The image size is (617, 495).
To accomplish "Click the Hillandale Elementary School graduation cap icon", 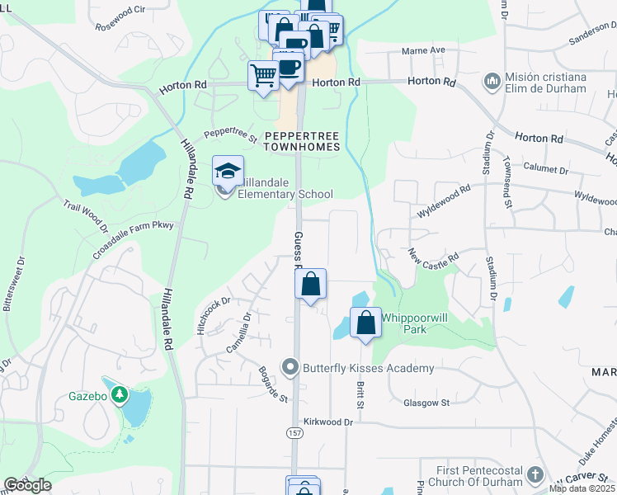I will pos(228,171).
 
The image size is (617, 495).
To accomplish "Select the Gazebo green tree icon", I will pos(120,396).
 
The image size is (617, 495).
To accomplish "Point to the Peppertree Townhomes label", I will pos(301,140).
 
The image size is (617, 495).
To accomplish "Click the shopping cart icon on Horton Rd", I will pos(263,76).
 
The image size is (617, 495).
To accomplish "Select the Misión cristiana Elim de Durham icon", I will pos(492,82).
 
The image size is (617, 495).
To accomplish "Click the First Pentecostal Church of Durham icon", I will pos(535,474).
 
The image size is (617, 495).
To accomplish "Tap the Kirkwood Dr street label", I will pos(327,422).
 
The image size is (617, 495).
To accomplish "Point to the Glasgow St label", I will pos(426,403).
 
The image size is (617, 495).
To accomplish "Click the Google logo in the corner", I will pos(27,486).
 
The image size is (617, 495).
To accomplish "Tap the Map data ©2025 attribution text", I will pos(581,488).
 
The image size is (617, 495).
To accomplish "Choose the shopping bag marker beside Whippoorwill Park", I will pos(365,323).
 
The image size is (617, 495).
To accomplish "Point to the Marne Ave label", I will pos(423,50).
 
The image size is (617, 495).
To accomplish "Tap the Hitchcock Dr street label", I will pos(212,314).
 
